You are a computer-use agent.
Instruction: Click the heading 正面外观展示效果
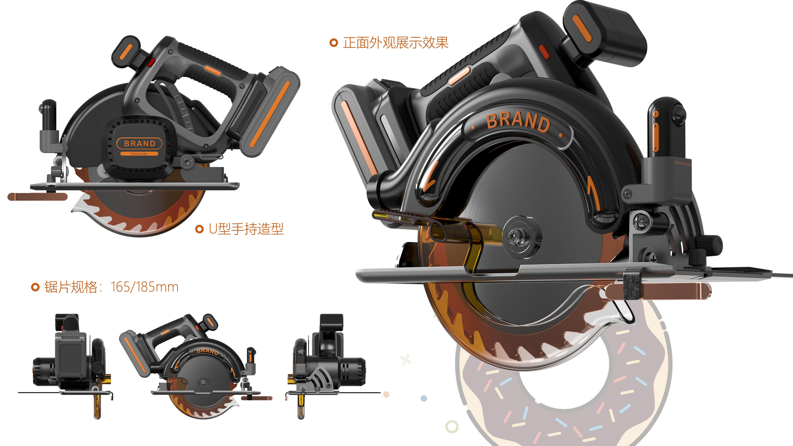tap(396, 43)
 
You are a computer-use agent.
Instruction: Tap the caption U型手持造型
tap(246, 229)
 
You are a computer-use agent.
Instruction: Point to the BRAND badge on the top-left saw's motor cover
tap(139, 144)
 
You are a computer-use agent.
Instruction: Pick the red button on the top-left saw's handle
tap(151, 63)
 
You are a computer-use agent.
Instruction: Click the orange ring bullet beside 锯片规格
tap(35, 287)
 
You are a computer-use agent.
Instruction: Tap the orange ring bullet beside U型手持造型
tap(199, 229)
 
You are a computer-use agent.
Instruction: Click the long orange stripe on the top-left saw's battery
tap(270, 113)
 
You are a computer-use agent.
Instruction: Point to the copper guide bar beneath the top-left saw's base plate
tap(37, 197)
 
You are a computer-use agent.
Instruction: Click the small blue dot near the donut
tap(424, 399)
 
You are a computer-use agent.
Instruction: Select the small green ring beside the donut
tap(452, 427)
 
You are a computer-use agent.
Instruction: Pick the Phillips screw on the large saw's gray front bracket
tap(627, 194)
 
